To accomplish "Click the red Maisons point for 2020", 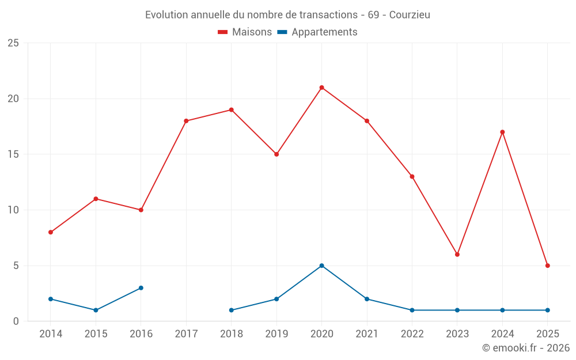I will pos(321,88).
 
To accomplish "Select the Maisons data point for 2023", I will pos(457,255).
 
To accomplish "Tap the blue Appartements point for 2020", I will pos(321,266).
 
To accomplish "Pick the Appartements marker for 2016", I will pos(141,288).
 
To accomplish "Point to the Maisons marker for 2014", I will pos(51,232).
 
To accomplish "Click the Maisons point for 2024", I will pos(502,132).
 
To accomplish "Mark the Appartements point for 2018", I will pos(232,310).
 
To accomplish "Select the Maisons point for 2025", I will pos(548,266).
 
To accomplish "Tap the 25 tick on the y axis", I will pos(13,43).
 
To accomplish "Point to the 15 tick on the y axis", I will pos(13,154).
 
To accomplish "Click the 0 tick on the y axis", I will pos(16,321).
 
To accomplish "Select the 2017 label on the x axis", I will pos(186,334).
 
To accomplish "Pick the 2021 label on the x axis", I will pos(367,334).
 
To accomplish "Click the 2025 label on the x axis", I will pos(548,334).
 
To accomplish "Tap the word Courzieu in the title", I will pos(410,15).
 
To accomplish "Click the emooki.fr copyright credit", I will pos(525,348).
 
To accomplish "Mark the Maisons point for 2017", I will pos(186,121).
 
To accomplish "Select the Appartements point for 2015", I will pos(96,310).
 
